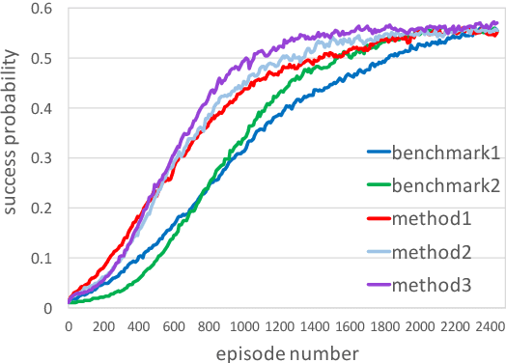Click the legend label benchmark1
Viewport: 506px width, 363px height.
445,152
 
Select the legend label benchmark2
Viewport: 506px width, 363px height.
445,185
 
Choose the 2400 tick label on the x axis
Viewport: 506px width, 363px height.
489,327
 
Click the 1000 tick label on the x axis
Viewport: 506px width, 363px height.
242,327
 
